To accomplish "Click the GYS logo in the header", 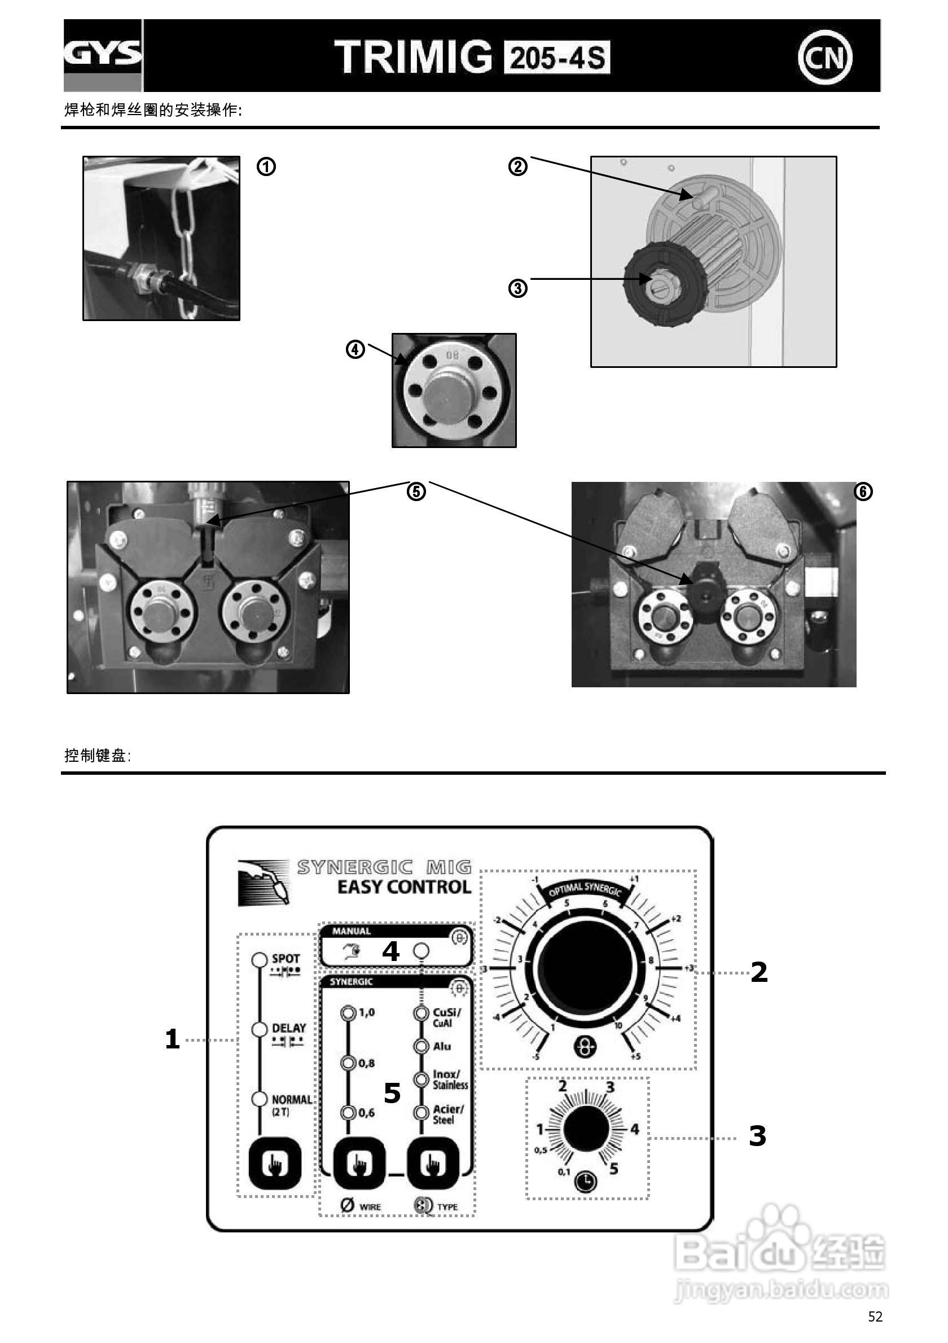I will (x=102, y=54).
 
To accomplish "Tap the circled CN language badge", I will (x=824, y=58).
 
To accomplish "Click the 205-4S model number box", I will (x=557, y=58).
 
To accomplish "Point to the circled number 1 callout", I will (x=266, y=167).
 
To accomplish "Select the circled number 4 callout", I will (x=355, y=350).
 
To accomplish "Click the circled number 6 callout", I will (x=863, y=492).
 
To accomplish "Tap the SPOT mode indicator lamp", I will (x=259, y=960).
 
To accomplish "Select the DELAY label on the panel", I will (x=289, y=1028).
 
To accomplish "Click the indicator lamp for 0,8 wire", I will (x=349, y=1062).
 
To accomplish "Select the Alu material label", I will (x=441, y=1046).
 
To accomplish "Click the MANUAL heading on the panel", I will (x=352, y=931).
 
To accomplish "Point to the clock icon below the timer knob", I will (x=586, y=1182).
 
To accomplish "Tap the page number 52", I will (x=875, y=1316).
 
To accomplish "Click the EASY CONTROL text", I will (x=403, y=887).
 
